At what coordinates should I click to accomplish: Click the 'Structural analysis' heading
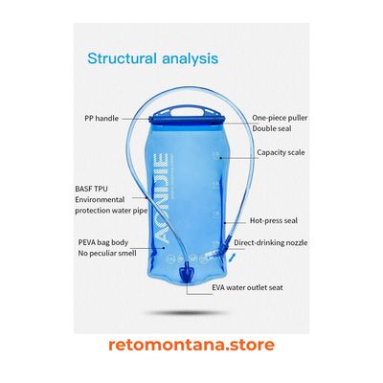(153, 58)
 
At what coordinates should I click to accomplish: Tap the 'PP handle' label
(101, 119)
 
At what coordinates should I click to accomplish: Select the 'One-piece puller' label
(280, 118)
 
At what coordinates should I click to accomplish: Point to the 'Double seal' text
(272, 128)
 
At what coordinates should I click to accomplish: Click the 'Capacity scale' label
(281, 152)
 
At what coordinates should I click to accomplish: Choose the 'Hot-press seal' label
(274, 220)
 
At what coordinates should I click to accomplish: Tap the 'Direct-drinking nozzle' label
(271, 242)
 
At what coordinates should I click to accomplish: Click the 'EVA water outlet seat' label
(247, 287)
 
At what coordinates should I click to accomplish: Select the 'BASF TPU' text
(91, 189)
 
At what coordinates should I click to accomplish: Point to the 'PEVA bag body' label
(103, 242)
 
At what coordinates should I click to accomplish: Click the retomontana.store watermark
(191, 345)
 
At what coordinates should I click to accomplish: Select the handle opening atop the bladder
(187, 112)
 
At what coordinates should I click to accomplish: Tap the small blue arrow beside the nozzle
(234, 257)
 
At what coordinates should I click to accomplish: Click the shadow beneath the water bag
(187, 313)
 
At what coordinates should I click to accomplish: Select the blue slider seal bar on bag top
(187, 121)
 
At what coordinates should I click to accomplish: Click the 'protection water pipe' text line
(111, 211)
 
